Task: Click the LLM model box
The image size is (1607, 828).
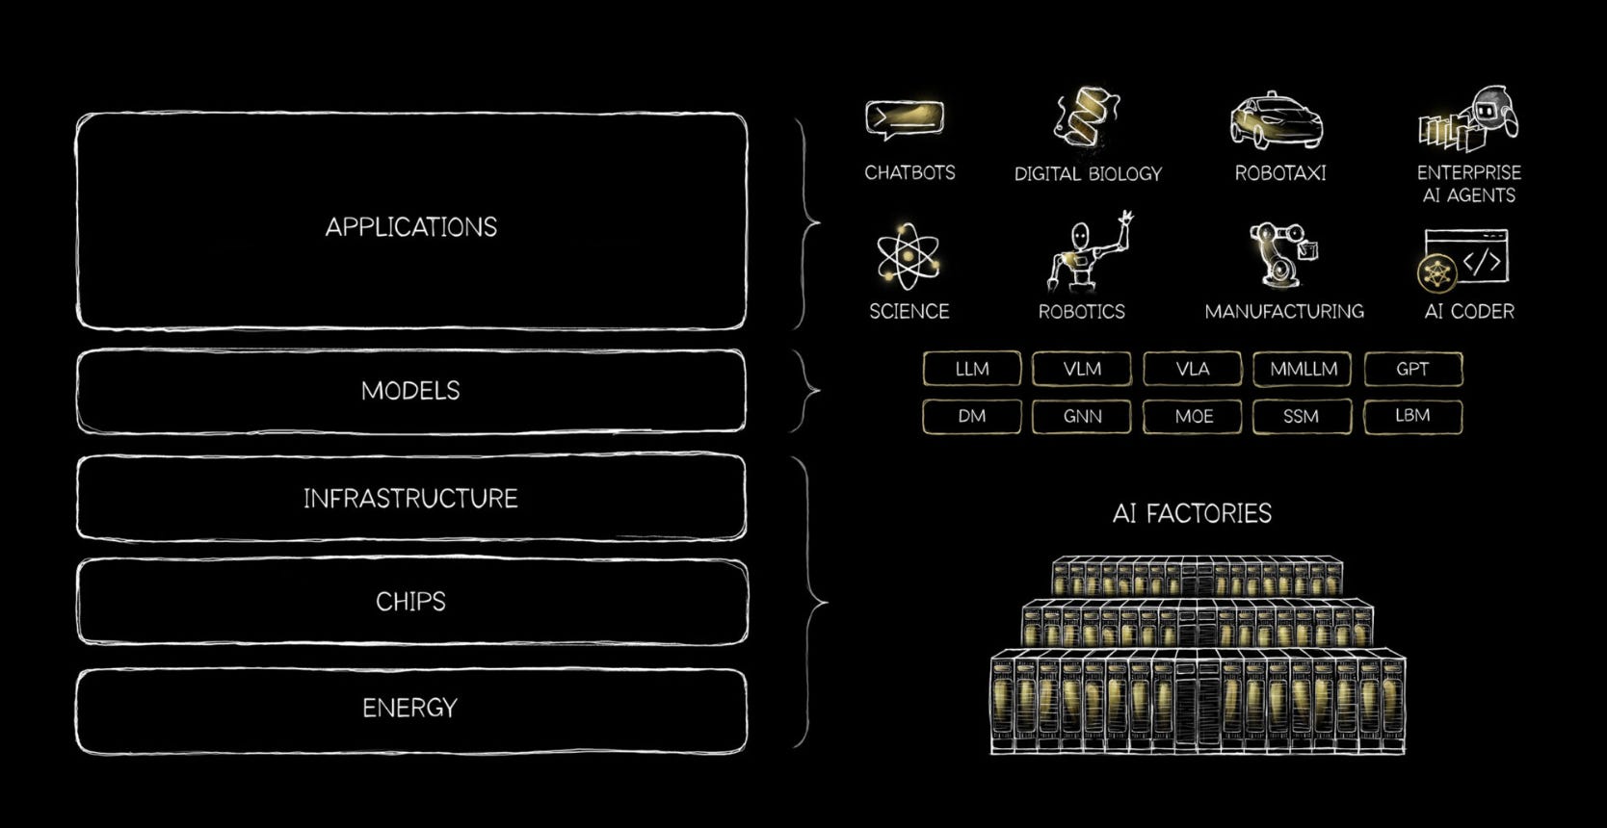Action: click(971, 369)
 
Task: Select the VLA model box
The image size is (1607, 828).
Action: click(1192, 369)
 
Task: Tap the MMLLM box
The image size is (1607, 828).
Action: click(1303, 369)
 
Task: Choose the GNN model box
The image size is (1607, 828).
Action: click(1081, 417)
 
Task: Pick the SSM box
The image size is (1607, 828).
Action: click(1302, 417)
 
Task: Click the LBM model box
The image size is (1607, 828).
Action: click(1412, 416)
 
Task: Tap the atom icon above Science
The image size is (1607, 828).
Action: click(907, 256)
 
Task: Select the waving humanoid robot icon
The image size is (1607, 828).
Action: click(1085, 253)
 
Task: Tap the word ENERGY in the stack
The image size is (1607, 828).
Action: click(410, 709)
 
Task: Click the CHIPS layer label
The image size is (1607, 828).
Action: click(410, 602)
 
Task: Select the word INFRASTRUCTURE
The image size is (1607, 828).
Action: click(410, 499)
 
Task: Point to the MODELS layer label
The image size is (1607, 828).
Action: click(410, 391)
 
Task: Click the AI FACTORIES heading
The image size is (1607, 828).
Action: click(1192, 513)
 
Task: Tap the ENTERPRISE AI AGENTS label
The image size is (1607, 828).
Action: click(1468, 184)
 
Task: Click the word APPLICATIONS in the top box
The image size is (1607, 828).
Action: click(411, 227)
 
